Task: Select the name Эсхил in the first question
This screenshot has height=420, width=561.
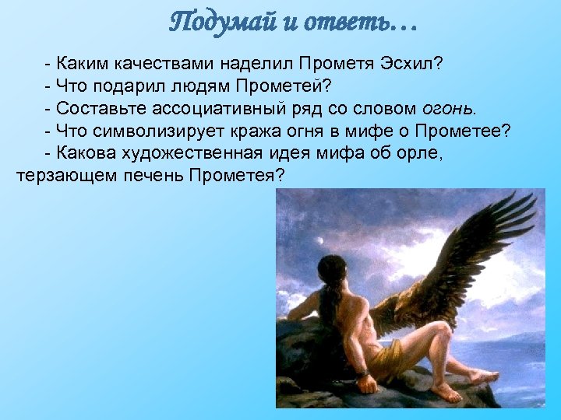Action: click(411, 61)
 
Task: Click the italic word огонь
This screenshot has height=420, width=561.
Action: click(451, 107)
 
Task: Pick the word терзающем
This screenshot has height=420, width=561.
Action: click(65, 175)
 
